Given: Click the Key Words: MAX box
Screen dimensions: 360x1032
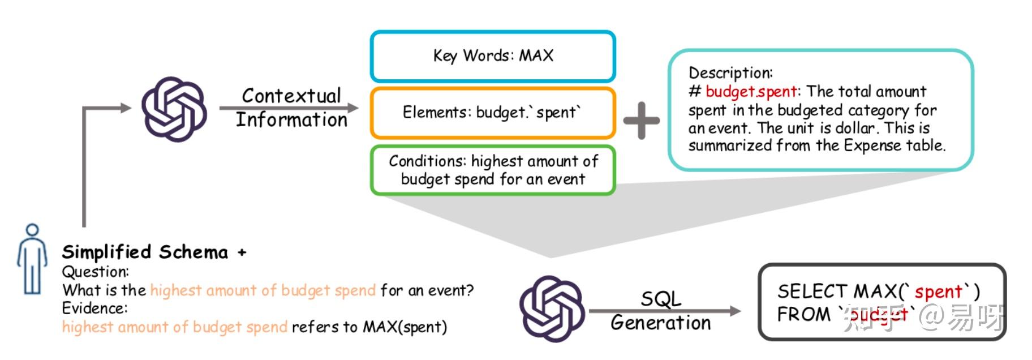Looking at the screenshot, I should [x=492, y=55].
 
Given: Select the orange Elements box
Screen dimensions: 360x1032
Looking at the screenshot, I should [x=492, y=112].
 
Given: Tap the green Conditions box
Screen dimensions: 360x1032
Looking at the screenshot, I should [x=492, y=170].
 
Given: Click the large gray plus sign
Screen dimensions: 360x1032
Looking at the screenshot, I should [x=641, y=120].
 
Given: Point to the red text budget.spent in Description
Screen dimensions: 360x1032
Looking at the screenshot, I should [x=751, y=92].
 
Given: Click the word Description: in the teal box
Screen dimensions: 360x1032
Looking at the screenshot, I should [x=730, y=72].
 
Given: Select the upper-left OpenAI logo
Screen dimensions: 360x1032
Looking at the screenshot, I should [x=174, y=109].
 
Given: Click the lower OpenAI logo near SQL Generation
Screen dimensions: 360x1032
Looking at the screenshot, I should [x=552, y=308].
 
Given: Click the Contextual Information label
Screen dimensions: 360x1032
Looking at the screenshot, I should [x=291, y=108].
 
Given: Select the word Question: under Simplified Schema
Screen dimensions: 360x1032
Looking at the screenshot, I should [x=95, y=271].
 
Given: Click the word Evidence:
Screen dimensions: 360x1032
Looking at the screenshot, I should [x=94, y=308].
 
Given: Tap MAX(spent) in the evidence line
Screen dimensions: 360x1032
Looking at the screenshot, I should [x=405, y=327].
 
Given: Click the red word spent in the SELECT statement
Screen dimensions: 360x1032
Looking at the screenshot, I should [x=938, y=292].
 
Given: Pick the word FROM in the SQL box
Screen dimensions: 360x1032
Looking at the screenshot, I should [x=803, y=314].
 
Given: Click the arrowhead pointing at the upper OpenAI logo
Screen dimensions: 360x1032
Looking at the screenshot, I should [x=126, y=108].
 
